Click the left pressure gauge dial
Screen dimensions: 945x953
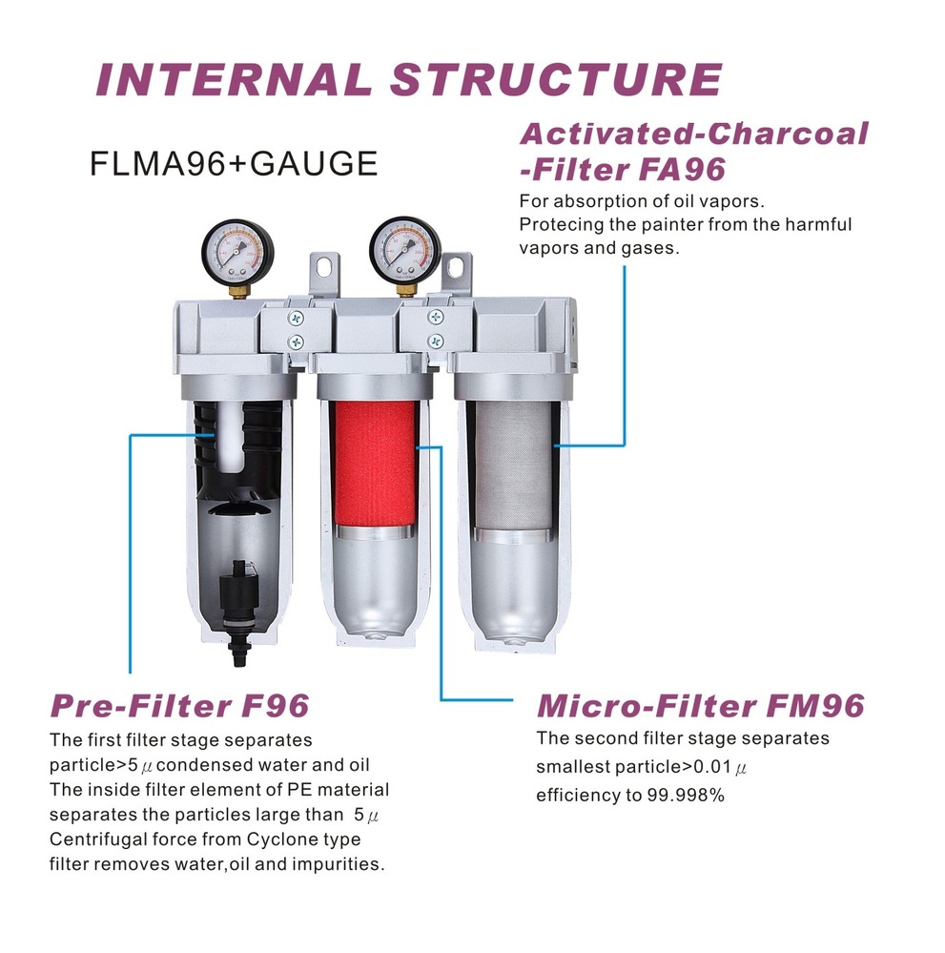237,252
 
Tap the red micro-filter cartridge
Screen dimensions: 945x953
374,463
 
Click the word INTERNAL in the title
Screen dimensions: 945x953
234,80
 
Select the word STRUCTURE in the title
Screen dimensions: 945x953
557,80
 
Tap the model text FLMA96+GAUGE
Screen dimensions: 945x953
234,163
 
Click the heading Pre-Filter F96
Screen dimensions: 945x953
180,706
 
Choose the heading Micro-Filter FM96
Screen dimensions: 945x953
701,706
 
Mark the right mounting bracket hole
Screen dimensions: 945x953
457,266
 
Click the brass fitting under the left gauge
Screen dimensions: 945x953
237,291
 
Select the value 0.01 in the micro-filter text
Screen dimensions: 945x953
712,767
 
